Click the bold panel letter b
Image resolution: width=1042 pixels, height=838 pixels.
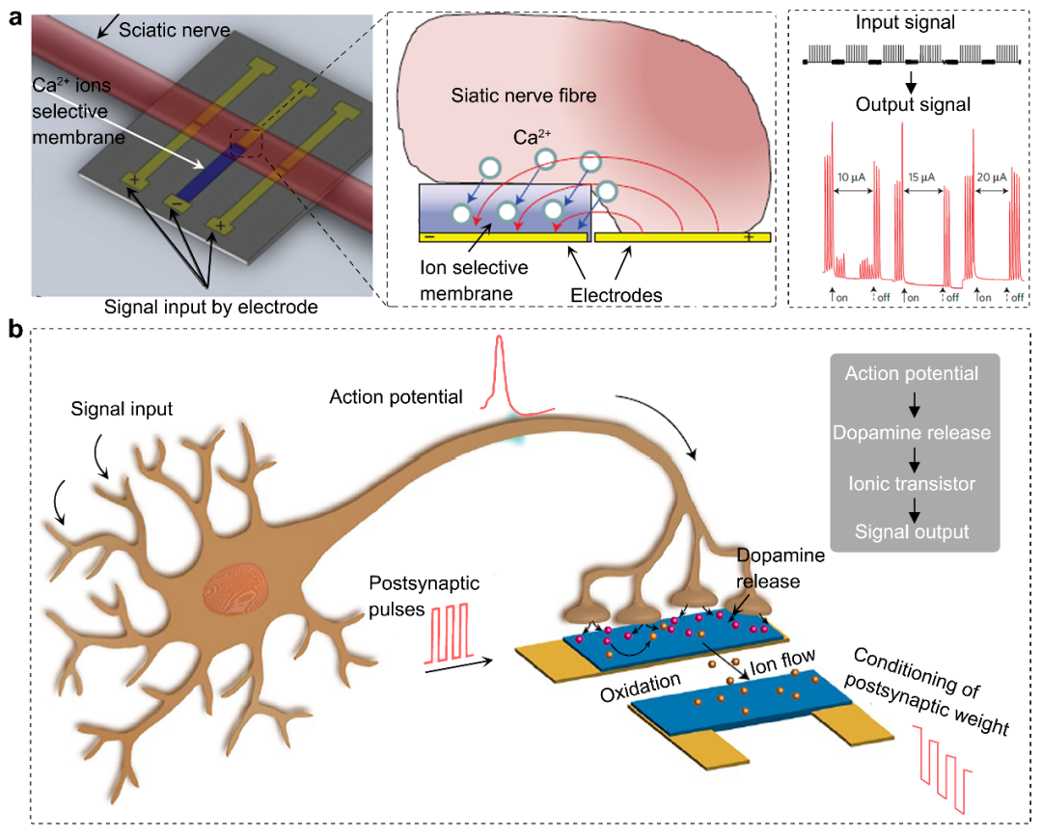coord(15,330)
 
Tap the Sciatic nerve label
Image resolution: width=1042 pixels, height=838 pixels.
coord(175,31)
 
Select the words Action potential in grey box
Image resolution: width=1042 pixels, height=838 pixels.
coord(911,374)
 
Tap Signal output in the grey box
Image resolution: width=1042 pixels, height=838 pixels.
coord(911,531)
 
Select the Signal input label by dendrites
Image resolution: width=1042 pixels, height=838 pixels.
coord(122,409)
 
